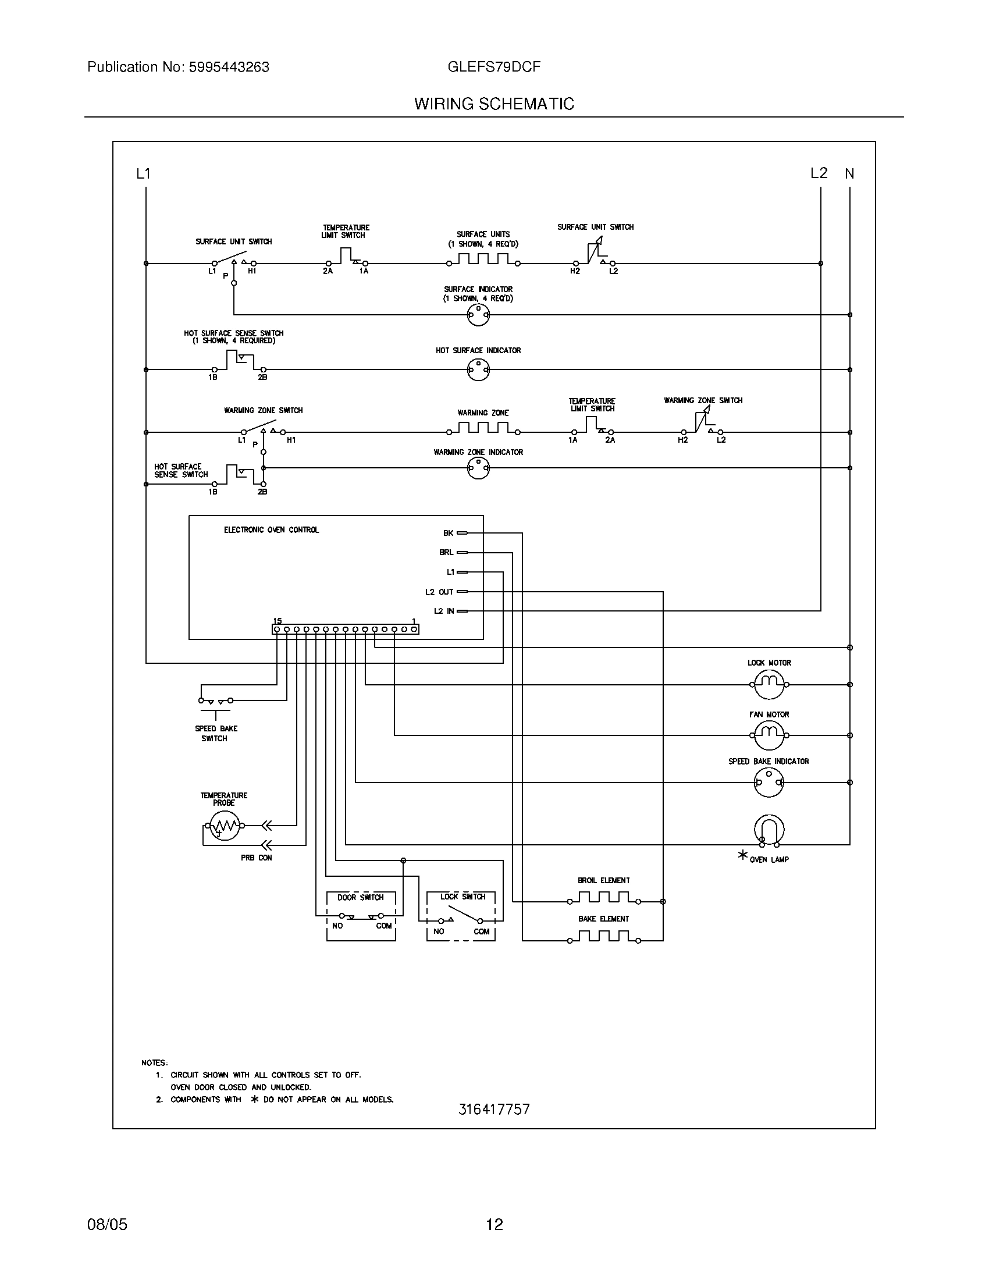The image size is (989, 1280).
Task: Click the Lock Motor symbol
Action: [x=769, y=684]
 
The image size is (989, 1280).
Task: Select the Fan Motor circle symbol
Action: [x=769, y=735]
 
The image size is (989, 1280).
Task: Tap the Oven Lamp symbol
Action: [x=769, y=830]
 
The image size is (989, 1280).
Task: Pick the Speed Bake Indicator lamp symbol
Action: [x=768, y=782]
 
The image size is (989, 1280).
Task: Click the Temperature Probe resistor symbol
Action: [x=224, y=826]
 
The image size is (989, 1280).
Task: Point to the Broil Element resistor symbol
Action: [x=603, y=899]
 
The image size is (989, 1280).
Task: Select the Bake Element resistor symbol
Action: [x=603, y=939]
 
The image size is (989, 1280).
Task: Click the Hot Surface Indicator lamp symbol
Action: [x=478, y=370]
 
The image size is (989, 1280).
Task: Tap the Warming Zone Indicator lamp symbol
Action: [x=478, y=468]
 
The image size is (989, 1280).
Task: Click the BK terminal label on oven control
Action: [x=448, y=533]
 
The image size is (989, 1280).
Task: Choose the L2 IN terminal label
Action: [x=444, y=611]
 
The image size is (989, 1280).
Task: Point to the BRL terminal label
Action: [x=446, y=552]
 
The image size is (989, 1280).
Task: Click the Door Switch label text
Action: [x=360, y=897]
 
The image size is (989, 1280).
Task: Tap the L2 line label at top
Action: [x=819, y=173]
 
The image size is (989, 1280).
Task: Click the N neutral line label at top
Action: [x=849, y=173]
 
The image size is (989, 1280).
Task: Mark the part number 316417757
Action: [x=494, y=1109]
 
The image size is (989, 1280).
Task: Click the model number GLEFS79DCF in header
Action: [x=494, y=67]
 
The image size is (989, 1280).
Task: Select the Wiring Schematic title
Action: [x=494, y=104]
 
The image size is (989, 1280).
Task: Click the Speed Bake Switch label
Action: [x=216, y=733]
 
